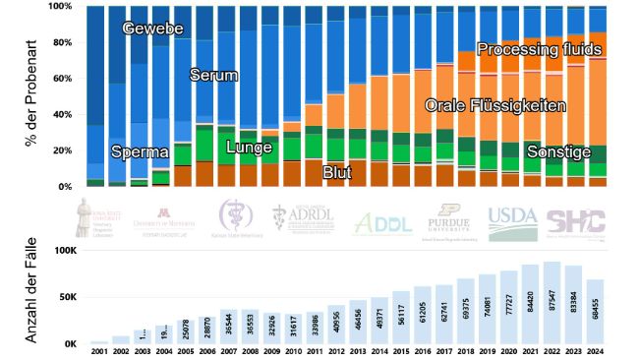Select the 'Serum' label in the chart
point(213,75)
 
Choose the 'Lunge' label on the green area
point(250,148)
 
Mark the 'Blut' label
point(337,171)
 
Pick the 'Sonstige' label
point(558,152)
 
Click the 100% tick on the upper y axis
point(60,7)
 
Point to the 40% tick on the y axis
point(63,114)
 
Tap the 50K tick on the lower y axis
point(63,298)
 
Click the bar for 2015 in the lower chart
point(401,317)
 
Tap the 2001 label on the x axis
point(98,352)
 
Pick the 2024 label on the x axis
point(595,352)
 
